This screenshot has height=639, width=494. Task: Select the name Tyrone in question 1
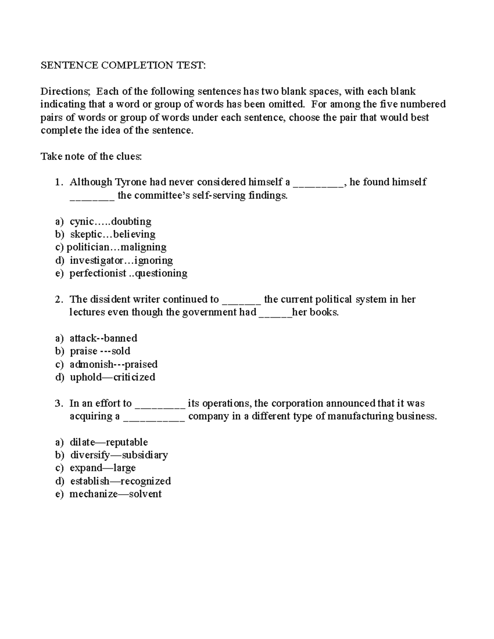point(130,182)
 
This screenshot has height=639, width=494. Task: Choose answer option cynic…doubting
point(110,221)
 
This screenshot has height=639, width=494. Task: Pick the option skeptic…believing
point(112,235)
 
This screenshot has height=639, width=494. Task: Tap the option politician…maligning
point(117,247)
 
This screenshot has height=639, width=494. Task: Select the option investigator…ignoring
point(121,260)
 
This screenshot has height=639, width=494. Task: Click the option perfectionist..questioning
point(128,273)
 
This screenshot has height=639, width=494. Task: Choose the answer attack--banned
point(103,338)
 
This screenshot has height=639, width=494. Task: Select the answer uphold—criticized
point(112,377)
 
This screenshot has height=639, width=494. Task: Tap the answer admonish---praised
point(114,364)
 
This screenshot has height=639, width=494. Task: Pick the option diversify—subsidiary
point(119,455)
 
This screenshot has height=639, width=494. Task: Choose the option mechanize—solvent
point(115,494)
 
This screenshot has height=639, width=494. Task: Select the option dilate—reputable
point(109,442)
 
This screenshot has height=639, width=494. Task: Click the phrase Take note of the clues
point(91,156)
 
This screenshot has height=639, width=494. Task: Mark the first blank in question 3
point(160,405)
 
